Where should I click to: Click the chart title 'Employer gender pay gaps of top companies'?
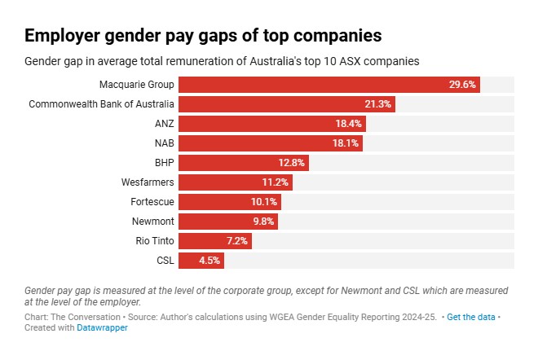[203, 36]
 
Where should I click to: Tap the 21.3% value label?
[378, 104]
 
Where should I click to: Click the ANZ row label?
[164, 124]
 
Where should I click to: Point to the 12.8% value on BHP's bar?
[291, 163]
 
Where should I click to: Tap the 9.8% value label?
[265, 222]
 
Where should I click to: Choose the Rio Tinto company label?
[154, 241]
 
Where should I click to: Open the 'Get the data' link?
[471, 316]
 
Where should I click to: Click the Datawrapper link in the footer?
[102, 327]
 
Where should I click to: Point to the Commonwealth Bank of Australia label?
[101, 104]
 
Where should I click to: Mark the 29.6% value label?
[462, 85]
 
